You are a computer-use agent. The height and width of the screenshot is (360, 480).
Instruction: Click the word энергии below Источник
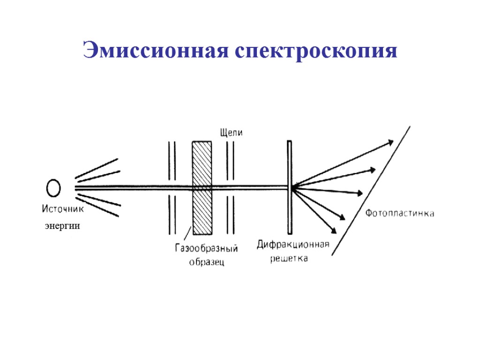pos(62,226)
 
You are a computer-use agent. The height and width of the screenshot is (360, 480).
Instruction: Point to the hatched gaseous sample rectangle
pos(202,187)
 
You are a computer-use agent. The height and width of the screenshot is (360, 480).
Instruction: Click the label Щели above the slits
pos(232,133)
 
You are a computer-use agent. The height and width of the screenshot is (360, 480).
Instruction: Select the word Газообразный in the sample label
pos(207,248)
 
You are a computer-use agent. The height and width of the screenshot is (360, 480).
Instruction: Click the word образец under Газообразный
pos(207,262)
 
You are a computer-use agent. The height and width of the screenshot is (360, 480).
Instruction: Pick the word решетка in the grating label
pos(289,259)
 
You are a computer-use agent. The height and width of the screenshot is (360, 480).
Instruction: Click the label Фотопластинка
pos(399,213)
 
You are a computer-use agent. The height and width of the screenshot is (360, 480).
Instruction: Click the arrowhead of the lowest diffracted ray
pos(334,230)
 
